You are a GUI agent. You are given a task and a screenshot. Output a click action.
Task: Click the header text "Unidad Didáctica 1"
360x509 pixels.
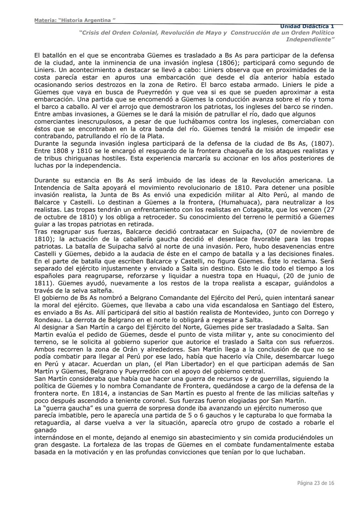307,26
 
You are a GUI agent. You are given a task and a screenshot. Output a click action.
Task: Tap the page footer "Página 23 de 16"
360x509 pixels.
315,483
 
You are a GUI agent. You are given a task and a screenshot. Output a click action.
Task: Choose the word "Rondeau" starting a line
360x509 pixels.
46,320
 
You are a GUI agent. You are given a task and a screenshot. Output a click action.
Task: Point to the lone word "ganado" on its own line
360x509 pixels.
45,430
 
